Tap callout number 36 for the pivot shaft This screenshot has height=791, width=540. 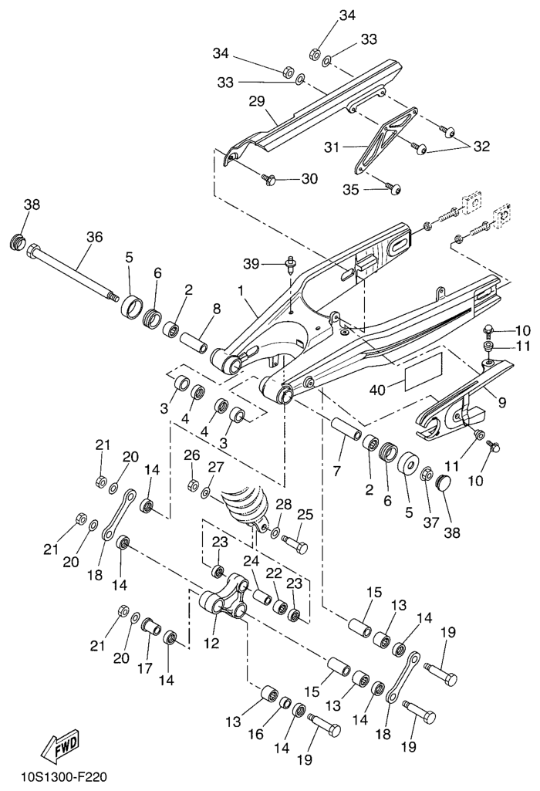click(93, 238)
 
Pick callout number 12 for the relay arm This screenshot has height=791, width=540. click(211, 643)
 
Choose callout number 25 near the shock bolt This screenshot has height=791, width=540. click(305, 514)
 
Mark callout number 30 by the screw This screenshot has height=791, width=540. click(309, 179)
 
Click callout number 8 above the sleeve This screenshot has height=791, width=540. click(216, 309)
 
